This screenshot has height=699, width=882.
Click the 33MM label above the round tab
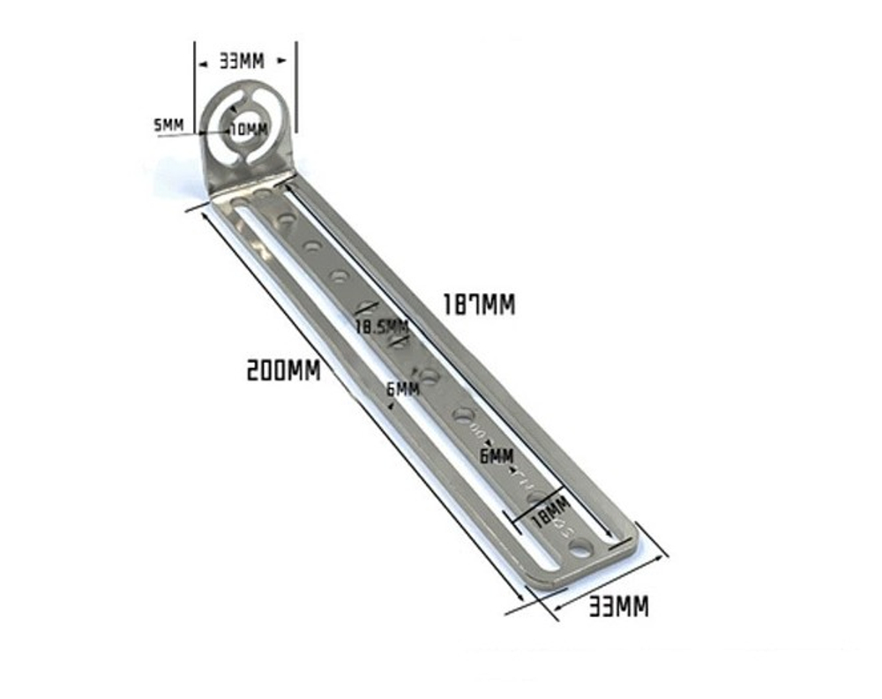pos(241,61)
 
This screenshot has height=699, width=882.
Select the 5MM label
pos(168,125)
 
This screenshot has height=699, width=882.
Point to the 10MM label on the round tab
pos(249,130)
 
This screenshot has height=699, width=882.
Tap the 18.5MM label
pos(382,326)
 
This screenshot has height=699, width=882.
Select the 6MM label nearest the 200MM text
pos(403,388)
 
